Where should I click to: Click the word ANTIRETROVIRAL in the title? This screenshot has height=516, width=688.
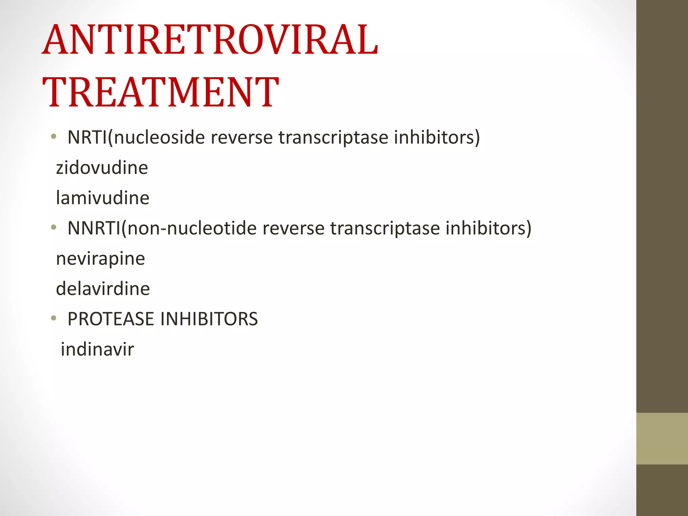tap(210, 40)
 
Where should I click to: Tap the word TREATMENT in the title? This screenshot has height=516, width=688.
tap(161, 92)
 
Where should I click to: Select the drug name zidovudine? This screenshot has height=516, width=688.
tap(102, 168)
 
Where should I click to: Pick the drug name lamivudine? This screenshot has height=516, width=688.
tap(102, 198)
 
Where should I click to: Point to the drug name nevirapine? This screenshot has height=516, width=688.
tap(100, 259)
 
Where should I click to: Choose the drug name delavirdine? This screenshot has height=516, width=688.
tap(103, 289)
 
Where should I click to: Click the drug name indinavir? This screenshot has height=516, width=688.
tap(97, 349)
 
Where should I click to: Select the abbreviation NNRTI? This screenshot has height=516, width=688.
tap(94, 228)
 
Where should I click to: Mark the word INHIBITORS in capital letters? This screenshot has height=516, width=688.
tap(209, 319)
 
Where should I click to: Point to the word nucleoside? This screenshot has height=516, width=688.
tap(159, 137)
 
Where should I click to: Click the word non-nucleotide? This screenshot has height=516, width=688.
tap(192, 228)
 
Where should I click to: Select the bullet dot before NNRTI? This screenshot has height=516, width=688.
tap(53, 227)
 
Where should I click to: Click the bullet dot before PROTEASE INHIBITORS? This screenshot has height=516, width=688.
tap(53, 318)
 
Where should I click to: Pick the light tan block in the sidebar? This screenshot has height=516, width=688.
tap(662, 438)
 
